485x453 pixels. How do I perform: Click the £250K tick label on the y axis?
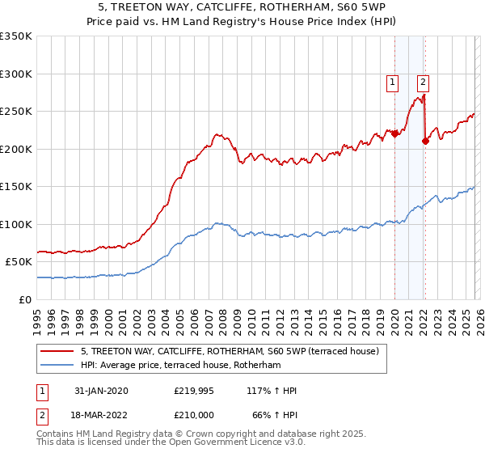(16, 112)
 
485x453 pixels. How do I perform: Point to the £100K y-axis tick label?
(16, 224)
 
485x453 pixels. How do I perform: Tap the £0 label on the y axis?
(24, 299)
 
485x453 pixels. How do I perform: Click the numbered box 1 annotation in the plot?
(393, 81)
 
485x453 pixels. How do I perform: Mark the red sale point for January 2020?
(394, 134)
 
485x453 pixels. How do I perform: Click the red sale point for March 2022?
(425, 142)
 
